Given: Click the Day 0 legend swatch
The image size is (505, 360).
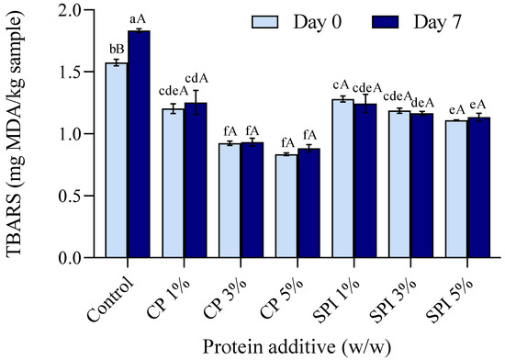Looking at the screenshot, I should (273, 20).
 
